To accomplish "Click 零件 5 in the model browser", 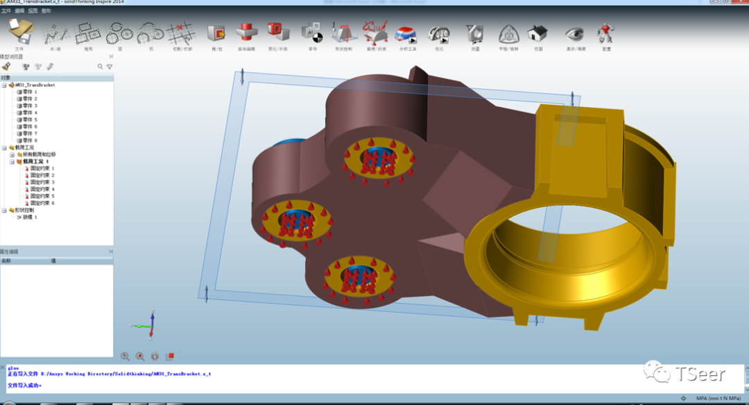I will [29, 119].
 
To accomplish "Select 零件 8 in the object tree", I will [29, 140].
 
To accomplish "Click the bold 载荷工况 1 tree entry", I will [35, 161].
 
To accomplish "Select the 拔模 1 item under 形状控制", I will [30, 217].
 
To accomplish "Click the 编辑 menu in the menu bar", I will [19, 11].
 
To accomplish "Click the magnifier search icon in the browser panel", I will [100, 67].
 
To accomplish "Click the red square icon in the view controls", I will [170, 356].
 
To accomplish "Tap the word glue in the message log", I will [13, 368].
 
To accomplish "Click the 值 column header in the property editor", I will [53, 261].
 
